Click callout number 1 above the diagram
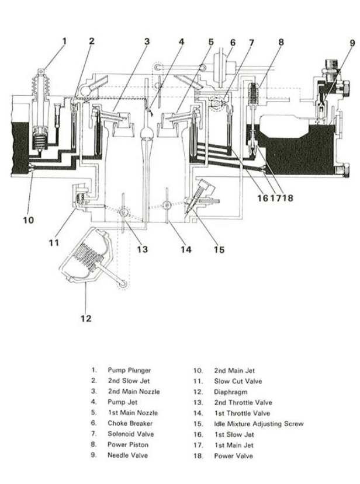pos(65,41)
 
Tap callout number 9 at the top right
pos(352,42)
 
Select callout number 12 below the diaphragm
pos(86,318)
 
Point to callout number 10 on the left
pos(28,220)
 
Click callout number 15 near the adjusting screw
pos(219,249)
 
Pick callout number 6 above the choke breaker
pos(233,42)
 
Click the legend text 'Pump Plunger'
pos(129,370)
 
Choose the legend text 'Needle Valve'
pos(127,455)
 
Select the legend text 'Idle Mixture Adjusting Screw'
pos(259,424)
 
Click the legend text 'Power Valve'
pos(234,455)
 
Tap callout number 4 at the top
pos(182,42)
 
